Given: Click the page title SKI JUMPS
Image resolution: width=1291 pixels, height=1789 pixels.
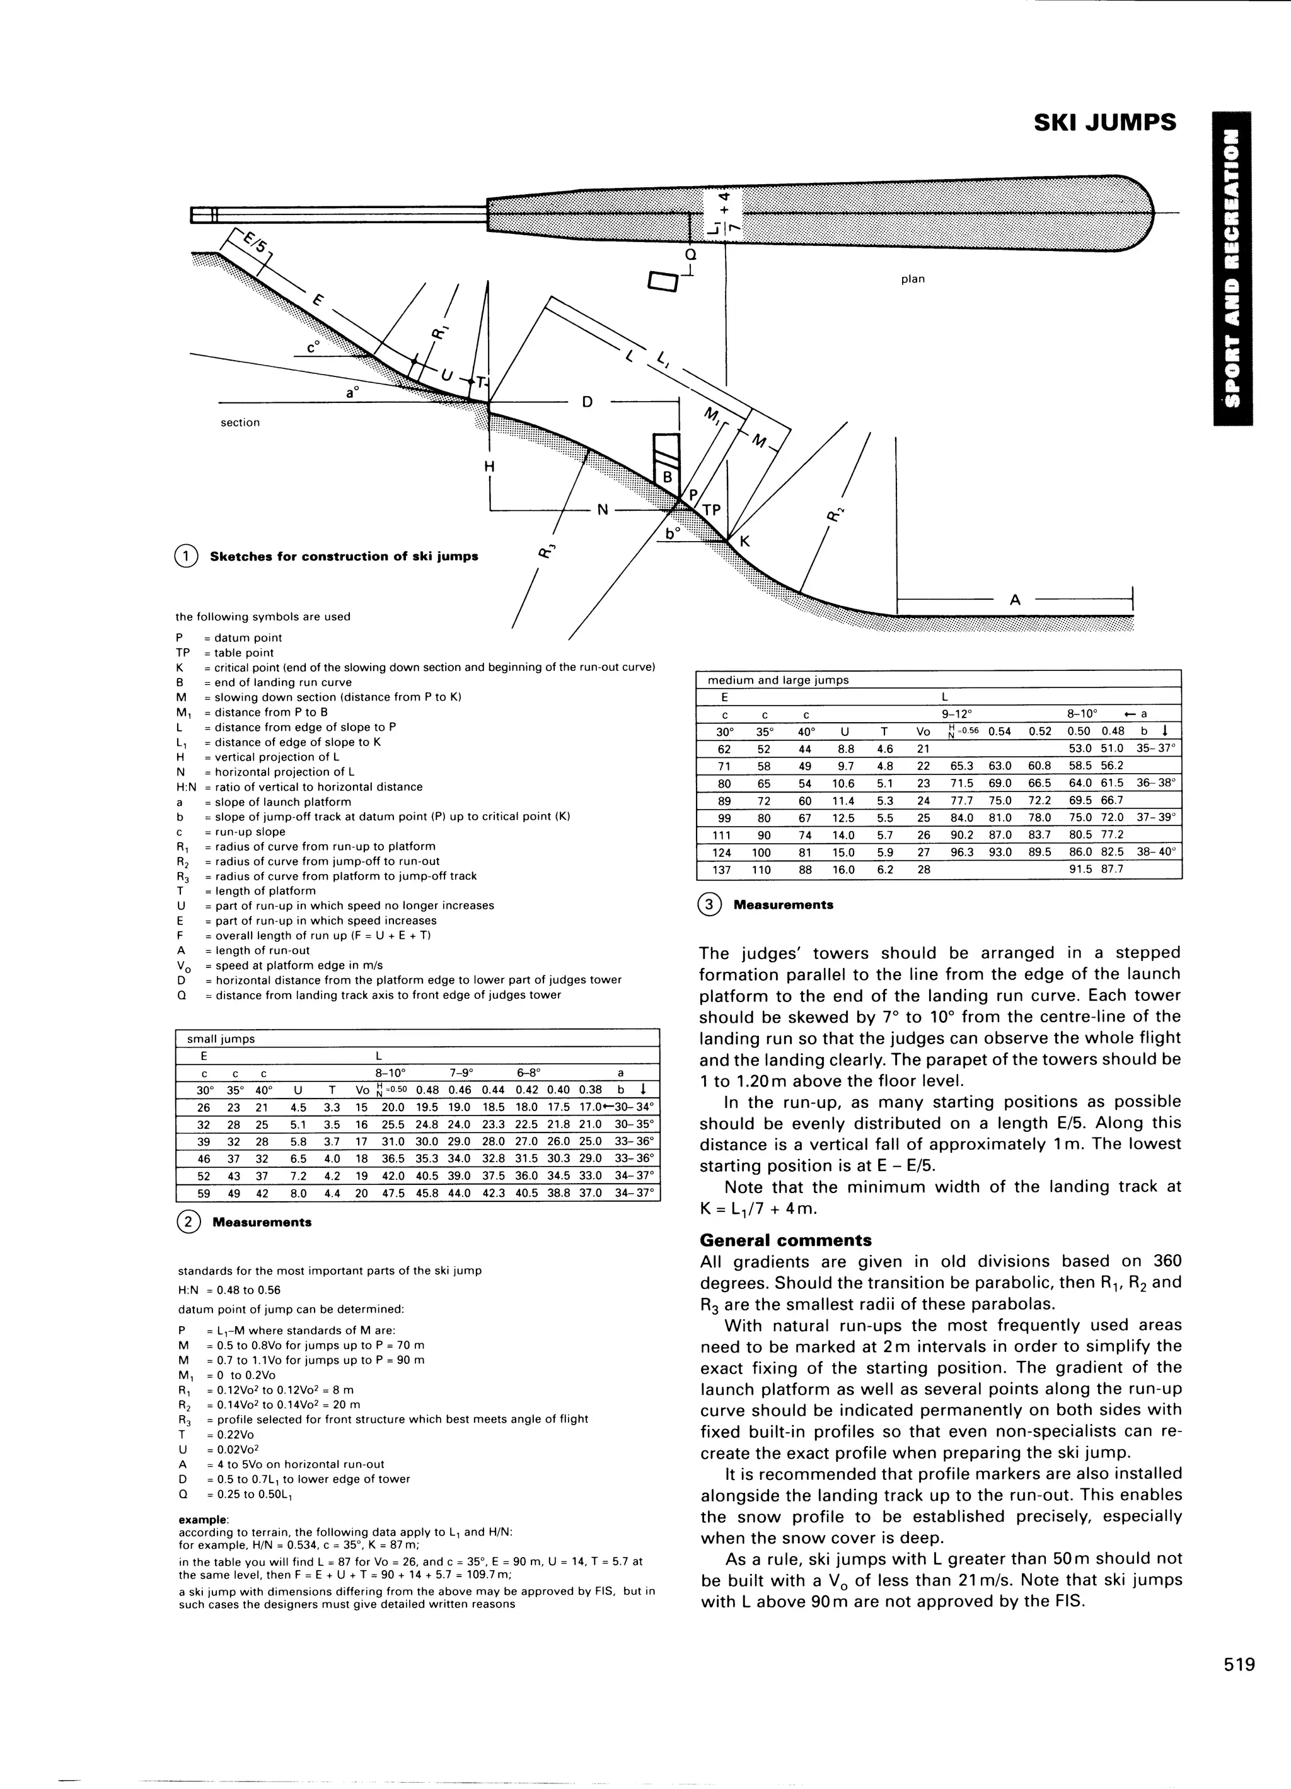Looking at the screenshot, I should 1104,122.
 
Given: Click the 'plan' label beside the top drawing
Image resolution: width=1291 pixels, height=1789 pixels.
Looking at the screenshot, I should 912,279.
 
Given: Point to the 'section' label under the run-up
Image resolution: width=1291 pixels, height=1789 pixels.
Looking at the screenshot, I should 240,422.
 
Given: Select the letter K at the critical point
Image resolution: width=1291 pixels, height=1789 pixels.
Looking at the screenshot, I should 744,543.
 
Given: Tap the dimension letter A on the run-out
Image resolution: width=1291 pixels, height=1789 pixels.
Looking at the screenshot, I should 1015,600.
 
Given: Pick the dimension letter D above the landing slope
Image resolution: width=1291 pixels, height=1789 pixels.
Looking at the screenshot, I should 588,402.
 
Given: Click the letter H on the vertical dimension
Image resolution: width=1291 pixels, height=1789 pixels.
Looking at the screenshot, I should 489,466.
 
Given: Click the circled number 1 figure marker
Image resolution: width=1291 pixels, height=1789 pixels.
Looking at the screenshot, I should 186,556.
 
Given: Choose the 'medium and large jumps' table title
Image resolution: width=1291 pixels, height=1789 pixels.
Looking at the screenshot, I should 778,680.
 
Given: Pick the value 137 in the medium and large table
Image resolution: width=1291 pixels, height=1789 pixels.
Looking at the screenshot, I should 724,869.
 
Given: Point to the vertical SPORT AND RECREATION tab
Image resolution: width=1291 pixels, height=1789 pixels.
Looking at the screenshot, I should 1232,268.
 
